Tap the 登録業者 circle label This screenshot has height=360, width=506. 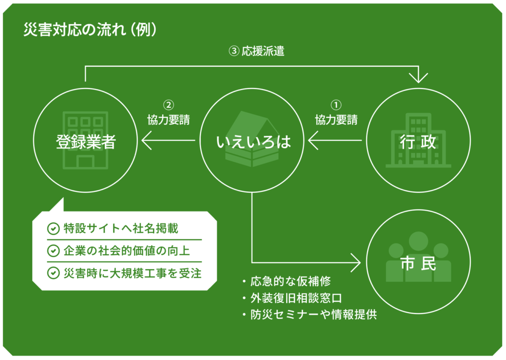tap(85, 142)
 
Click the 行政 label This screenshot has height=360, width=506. tap(418, 142)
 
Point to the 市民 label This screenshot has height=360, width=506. tap(418, 264)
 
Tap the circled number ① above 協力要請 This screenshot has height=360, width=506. tap(336, 105)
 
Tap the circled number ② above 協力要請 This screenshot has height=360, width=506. tap(169, 105)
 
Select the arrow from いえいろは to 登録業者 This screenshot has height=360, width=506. tap(168, 142)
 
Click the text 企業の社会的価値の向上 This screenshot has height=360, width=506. tap(126, 251)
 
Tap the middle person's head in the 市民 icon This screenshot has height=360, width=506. tap(418, 241)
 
